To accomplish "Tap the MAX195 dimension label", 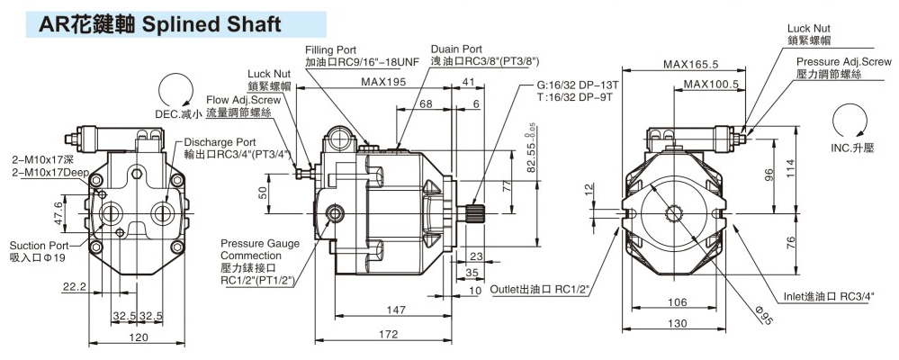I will (382, 82).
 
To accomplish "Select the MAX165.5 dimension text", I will (690, 64).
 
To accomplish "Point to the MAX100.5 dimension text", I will (711, 85).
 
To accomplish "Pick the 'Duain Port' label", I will (456, 49).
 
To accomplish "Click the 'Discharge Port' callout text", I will (220, 141).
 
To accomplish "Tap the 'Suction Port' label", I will (39, 245).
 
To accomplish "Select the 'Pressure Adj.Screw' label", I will (843, 61).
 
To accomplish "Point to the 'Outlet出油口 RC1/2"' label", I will (540, 289).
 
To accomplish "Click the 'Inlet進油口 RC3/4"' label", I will (827, 296).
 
